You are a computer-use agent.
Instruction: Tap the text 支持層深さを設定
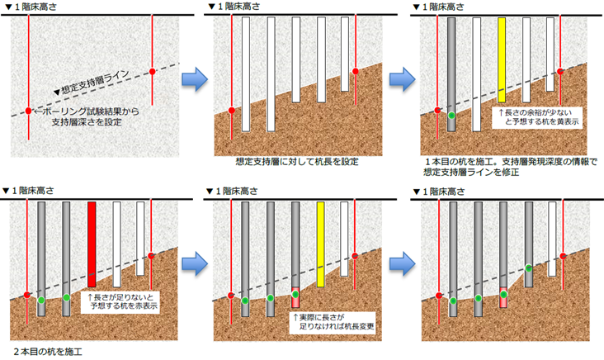pos(85,123)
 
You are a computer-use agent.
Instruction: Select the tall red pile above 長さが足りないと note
pos(92,244)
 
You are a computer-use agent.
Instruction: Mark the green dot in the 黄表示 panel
pos(451,116)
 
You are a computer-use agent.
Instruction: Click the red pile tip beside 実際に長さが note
pos(295,294)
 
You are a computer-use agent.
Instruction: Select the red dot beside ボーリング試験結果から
pos(28,110)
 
